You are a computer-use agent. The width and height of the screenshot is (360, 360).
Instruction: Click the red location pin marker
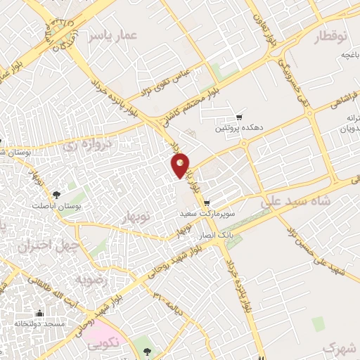181,165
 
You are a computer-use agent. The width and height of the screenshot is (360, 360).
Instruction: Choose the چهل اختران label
40,246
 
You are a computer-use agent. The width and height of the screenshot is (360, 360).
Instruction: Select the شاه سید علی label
295,202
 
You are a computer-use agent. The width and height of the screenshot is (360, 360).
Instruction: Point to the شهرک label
340,347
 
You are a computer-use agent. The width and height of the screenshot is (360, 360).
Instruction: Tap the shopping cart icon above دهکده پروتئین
240,117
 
